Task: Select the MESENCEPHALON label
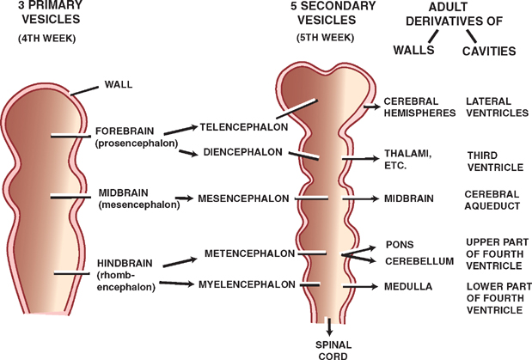point(243,198)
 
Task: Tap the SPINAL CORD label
point(329,347)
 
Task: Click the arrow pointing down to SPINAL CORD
point(329,326)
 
